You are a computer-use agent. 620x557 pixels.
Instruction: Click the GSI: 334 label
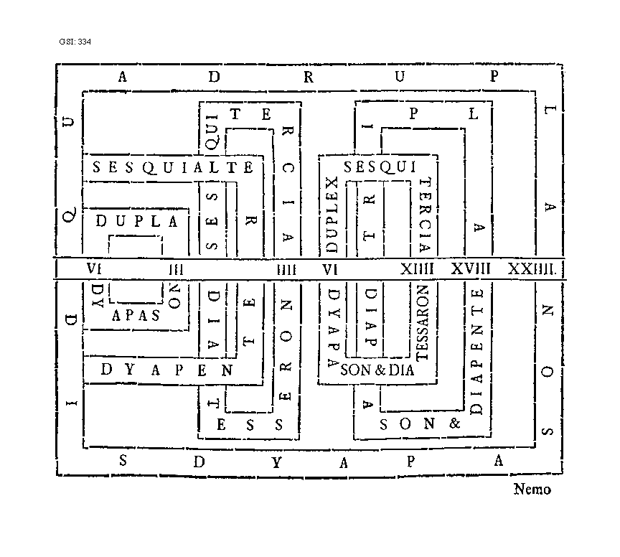[x=75, y=42]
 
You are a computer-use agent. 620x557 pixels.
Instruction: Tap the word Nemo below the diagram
[x=532, y=490]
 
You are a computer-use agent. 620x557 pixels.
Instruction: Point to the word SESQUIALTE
[x=173, y=168]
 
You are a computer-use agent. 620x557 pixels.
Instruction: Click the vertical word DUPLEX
[x=332, y=215]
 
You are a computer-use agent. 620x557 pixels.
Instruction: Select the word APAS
[x=136, y=315]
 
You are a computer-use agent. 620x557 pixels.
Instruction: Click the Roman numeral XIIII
[x=418, y=269]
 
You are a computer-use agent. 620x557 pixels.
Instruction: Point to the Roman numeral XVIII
[x=471, y=269]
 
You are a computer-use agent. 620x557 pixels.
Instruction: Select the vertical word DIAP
[x=370, y=318]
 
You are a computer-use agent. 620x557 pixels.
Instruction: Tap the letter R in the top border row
[x=309, y=78]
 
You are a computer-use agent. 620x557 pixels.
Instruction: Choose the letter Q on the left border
[x=69, y=215]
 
